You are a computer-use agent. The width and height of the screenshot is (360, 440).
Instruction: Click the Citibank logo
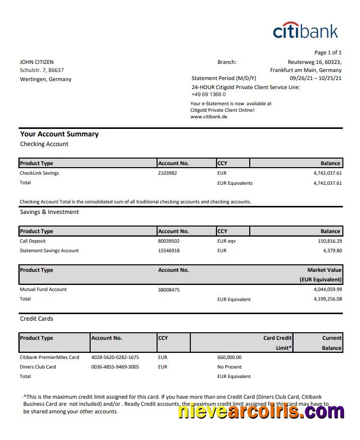(x=306, y=31)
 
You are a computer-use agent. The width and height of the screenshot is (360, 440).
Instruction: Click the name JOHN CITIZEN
(x=37, y=62)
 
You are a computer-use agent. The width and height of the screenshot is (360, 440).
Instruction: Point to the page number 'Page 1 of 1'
(x=328, y=52)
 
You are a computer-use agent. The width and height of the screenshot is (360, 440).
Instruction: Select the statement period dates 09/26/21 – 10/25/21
(x=315, y=78)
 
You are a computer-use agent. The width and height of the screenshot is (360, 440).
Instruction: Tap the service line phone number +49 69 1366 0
(x=208, y=94)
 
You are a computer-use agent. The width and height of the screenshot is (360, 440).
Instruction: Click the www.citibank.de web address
(x=208, y=116)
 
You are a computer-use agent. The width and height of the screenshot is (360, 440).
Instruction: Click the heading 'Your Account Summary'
(x=59, y=134)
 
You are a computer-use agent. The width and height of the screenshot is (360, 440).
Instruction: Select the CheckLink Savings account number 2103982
(x=168, y=173)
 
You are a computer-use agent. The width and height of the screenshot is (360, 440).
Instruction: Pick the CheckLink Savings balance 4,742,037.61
(x=327, y=173)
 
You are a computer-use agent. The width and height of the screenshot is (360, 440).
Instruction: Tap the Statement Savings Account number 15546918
(x=169, y=251)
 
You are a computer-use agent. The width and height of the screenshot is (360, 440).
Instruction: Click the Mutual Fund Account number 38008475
(x=169, y=289)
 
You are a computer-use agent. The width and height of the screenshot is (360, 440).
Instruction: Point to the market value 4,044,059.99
(x=327, y=289)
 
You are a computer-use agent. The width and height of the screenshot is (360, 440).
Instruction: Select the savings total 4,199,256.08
(x=327, y=299)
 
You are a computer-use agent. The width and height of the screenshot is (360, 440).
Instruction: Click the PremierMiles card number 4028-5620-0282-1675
(x=115, y=357)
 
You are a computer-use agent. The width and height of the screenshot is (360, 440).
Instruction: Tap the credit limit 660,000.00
(x=230, y=357)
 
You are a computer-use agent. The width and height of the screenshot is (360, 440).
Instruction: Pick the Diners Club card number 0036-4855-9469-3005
(x=115, y=367)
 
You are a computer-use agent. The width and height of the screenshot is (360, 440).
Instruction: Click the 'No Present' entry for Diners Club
(x=230, y=367)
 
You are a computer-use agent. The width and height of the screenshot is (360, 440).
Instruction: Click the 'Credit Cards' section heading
(x=37, y=319)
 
